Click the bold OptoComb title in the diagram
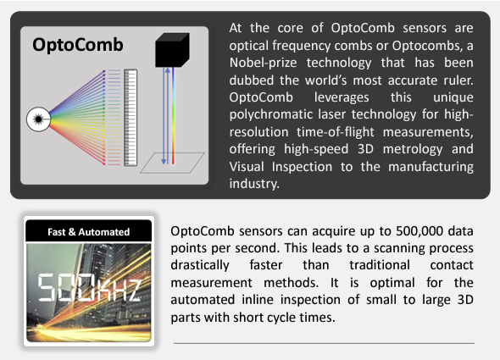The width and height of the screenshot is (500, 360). pos(78,44)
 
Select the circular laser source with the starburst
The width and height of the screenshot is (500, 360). pos(39,117)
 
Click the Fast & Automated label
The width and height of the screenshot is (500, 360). pos(88,231)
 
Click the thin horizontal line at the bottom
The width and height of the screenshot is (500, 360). pos(323,343)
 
